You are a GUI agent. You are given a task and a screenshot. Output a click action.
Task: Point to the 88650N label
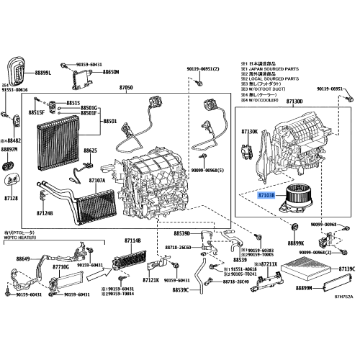[x=111, y=73]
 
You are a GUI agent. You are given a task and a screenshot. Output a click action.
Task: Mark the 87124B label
[x=45, y=213]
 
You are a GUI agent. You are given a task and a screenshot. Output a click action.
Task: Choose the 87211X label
[x=268, y=265]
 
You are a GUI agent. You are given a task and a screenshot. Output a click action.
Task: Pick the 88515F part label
[x=37, y=113]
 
